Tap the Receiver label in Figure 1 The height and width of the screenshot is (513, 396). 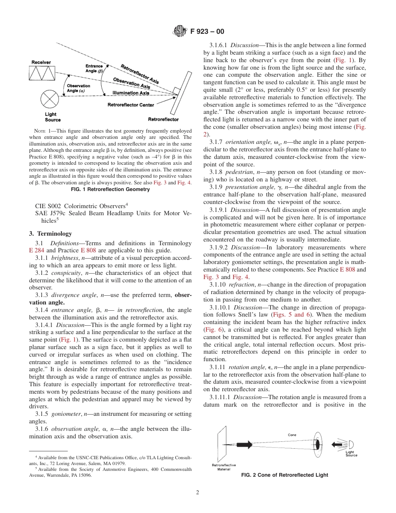click(x=41, y=63)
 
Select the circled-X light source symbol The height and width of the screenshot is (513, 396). click(x=50, y=99)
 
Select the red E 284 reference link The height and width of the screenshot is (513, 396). click(x=36, y=251)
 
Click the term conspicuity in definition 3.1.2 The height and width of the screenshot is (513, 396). click(x=65, y=273)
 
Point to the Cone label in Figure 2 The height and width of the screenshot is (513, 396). click(x=292, y=435)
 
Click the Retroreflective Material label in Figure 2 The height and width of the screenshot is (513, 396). click(x=224, y=467)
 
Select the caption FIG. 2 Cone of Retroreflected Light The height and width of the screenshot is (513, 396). click(x=285, y=475)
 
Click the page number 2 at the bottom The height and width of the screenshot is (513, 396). click(x=198, y=493)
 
